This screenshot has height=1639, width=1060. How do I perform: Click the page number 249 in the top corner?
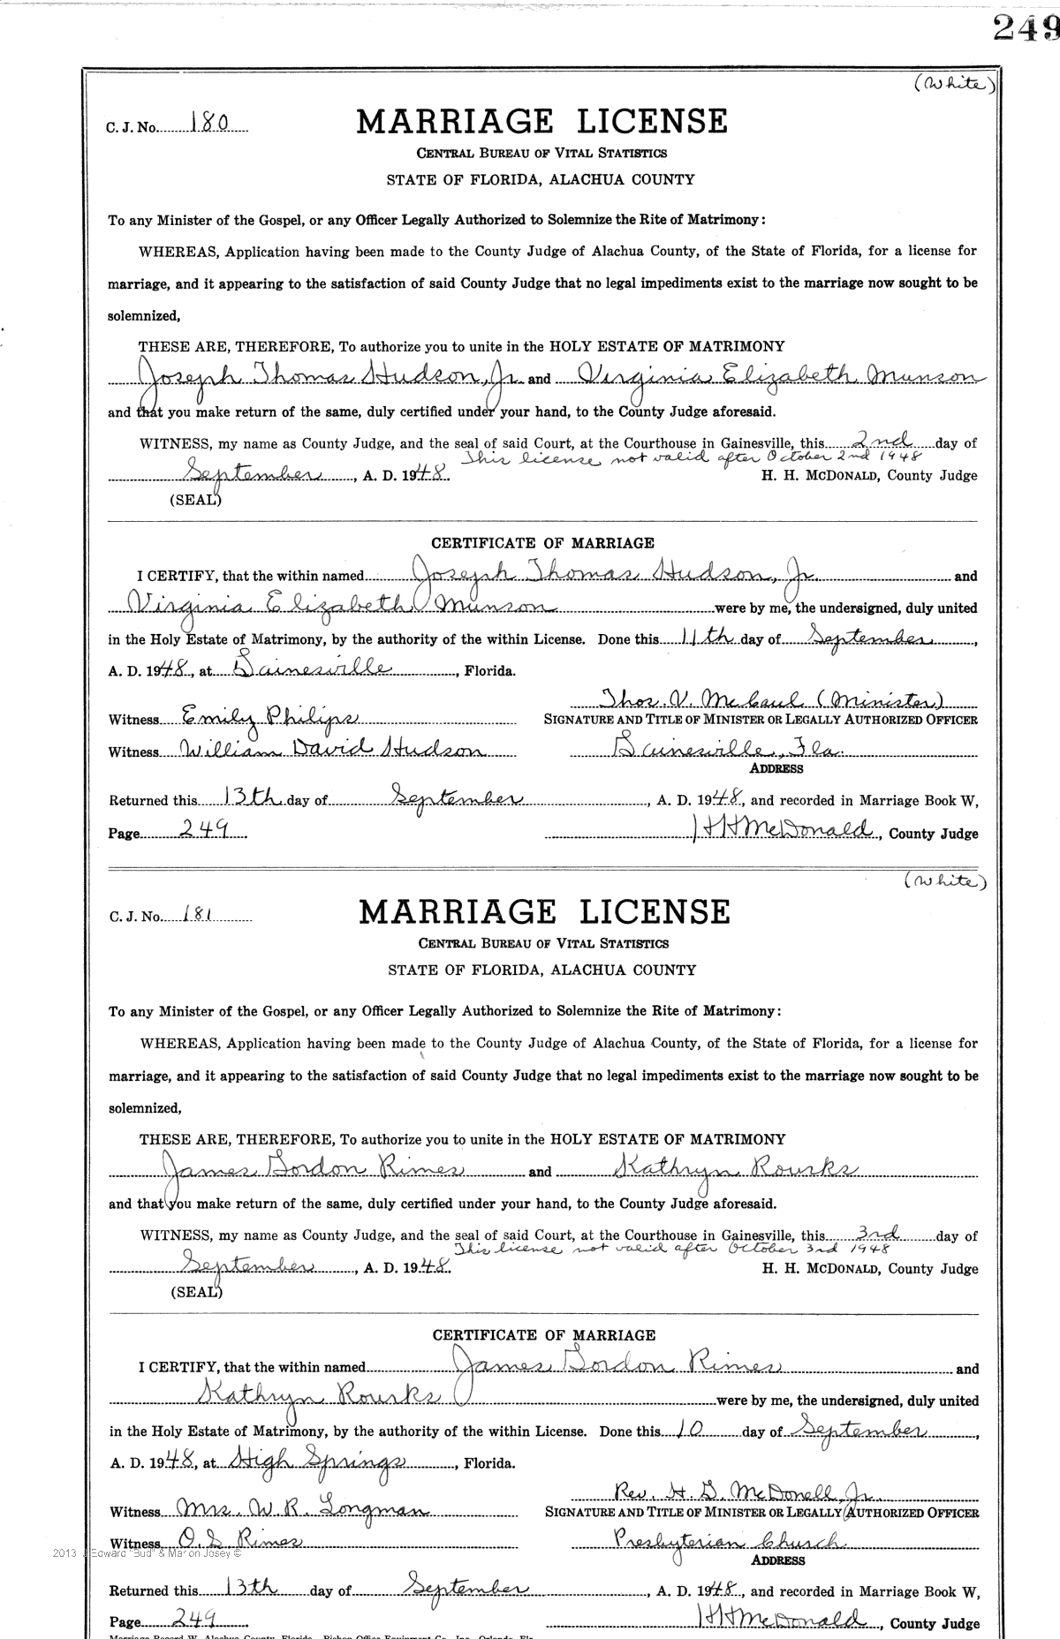1025,30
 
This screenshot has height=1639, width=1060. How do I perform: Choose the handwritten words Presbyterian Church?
706,1542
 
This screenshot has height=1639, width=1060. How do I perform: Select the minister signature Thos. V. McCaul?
767,699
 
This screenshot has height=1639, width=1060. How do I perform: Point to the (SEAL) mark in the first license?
195,500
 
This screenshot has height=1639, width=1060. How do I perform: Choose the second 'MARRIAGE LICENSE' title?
544,912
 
